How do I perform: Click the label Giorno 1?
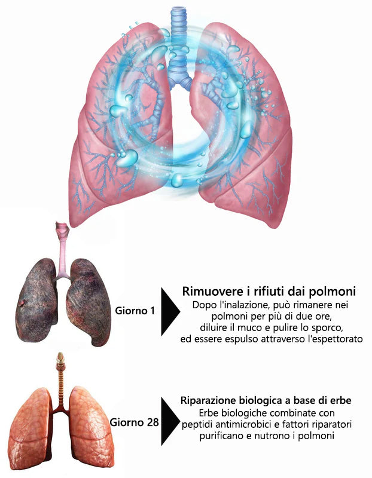pos(135,311)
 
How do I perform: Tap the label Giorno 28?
pos(135,422)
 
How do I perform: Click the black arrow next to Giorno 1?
pos(170,311)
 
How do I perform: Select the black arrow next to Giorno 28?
pos(170,421)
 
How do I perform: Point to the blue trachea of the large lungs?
pos(178,46)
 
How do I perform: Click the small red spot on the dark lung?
pos(22,304)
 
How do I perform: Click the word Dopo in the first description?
pos(203,305)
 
